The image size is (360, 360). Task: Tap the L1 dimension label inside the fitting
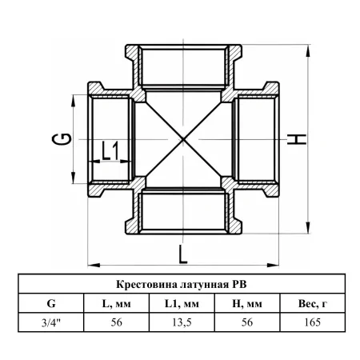110,150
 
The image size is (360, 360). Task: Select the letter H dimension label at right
297,139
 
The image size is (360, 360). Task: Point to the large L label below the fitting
183,254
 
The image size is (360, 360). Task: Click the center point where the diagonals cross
183,139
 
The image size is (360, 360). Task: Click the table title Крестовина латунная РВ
182,284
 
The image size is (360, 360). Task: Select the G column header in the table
51,303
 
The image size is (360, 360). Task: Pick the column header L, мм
117,304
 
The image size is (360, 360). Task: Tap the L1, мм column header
182,304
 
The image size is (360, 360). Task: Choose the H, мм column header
247,304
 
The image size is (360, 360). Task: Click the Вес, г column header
313,304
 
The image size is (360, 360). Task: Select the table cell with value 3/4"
51,322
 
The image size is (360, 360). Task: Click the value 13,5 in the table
182,322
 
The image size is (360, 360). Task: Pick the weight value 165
313,322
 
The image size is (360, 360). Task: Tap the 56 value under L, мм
117,322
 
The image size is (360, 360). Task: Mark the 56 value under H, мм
247,322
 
